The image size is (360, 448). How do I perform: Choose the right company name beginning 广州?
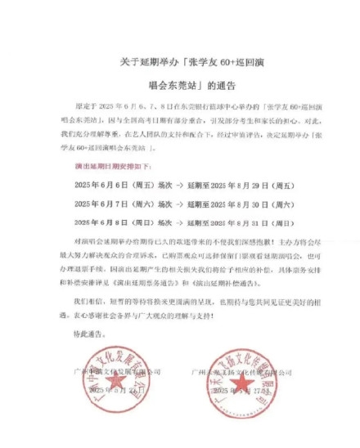(x=241, y=372)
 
